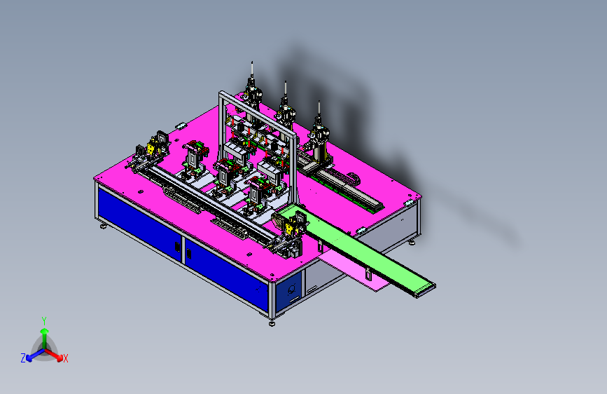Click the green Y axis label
pyautogui.click(x=44, y=321)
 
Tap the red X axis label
pyautogui.click(x=65, y=358)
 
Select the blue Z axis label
pyautogui.click(x=23, y=358)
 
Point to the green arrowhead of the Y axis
pyautogui.click(x=45, y=331)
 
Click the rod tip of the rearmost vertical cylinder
pyautogui.click(x=252, y=62)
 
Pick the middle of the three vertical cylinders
pyautogui.click(x=286, y=104)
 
